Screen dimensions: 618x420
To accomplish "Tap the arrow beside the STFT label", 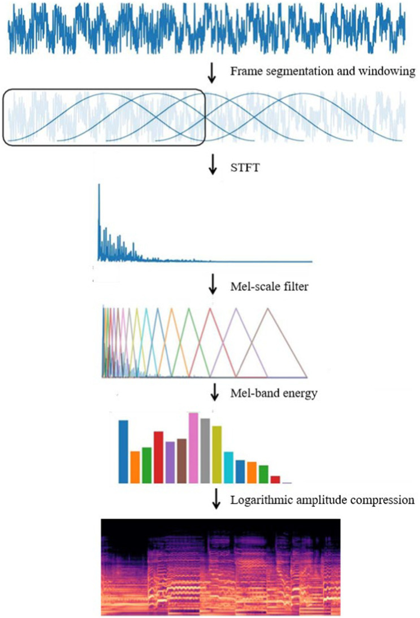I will [213, 166].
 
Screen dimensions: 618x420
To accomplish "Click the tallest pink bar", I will [193, 447].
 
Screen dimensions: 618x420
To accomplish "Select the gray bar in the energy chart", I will [205, 450].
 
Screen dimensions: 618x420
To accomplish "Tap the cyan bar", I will [229, 467].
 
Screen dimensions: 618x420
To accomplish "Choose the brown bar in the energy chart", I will [181, 460].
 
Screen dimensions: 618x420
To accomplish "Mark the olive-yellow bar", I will [217, 454].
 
